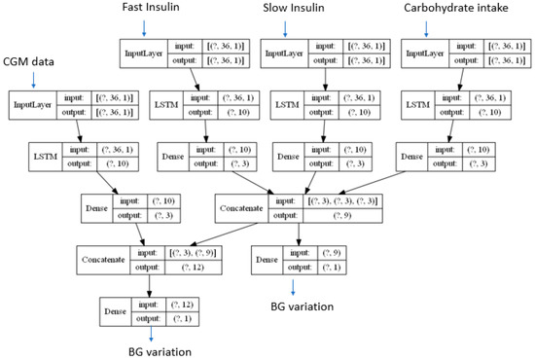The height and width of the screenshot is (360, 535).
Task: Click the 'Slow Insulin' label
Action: (x=293, y=9)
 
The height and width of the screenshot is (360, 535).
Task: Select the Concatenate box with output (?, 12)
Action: (x=143, y=260)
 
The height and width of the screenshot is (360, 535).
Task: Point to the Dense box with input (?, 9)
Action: (x=298, y=260)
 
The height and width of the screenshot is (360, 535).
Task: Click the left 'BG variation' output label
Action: (x=146, y=351)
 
